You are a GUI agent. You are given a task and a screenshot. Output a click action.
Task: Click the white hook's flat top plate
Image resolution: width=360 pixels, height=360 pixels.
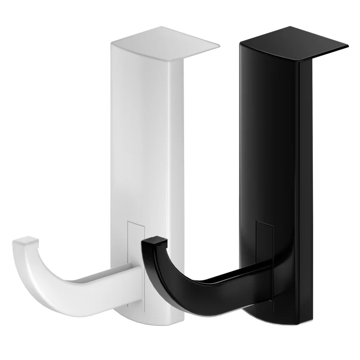tap(164, 43)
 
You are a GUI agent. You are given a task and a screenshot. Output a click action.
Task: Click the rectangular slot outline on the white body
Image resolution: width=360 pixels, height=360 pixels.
tap(134, 243)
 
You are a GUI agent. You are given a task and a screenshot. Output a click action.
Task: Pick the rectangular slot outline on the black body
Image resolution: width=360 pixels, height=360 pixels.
tap(265, 243)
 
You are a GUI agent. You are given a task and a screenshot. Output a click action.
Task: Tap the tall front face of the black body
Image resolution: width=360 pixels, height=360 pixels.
tap(270, 135)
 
